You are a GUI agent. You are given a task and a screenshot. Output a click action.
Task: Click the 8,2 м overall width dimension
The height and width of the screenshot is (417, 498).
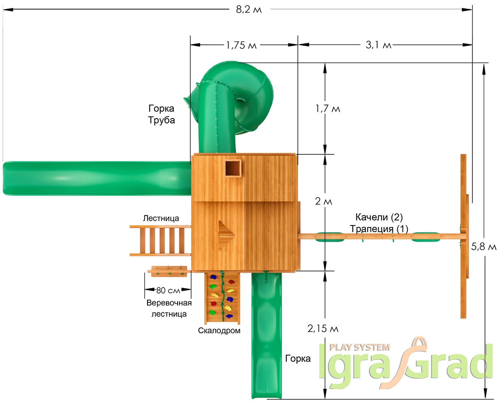[x=249, y=10]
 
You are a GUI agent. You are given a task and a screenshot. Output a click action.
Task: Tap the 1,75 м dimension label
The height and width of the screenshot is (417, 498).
[x=241, y=45]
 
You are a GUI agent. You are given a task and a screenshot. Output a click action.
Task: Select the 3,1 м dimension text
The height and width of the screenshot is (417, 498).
[x=378, y=45]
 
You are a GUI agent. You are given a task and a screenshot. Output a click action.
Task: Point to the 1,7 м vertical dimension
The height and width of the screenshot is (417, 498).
[x=328, y=109]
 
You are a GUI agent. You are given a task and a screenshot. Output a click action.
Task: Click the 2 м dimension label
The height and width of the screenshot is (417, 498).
[x=324, y=201]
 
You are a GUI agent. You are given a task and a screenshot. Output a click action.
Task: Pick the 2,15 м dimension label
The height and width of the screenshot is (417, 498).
[x=323, y=329]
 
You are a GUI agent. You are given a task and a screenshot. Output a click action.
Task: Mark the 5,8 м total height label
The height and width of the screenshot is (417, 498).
[x=483, y=247]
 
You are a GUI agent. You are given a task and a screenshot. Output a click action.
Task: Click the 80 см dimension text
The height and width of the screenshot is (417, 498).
[x=168, y=290]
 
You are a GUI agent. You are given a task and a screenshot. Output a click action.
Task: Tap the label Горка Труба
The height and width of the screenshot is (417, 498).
[x=161, y=114]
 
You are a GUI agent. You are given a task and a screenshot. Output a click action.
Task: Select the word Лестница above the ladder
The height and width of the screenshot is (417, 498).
[x=161, y=218]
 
